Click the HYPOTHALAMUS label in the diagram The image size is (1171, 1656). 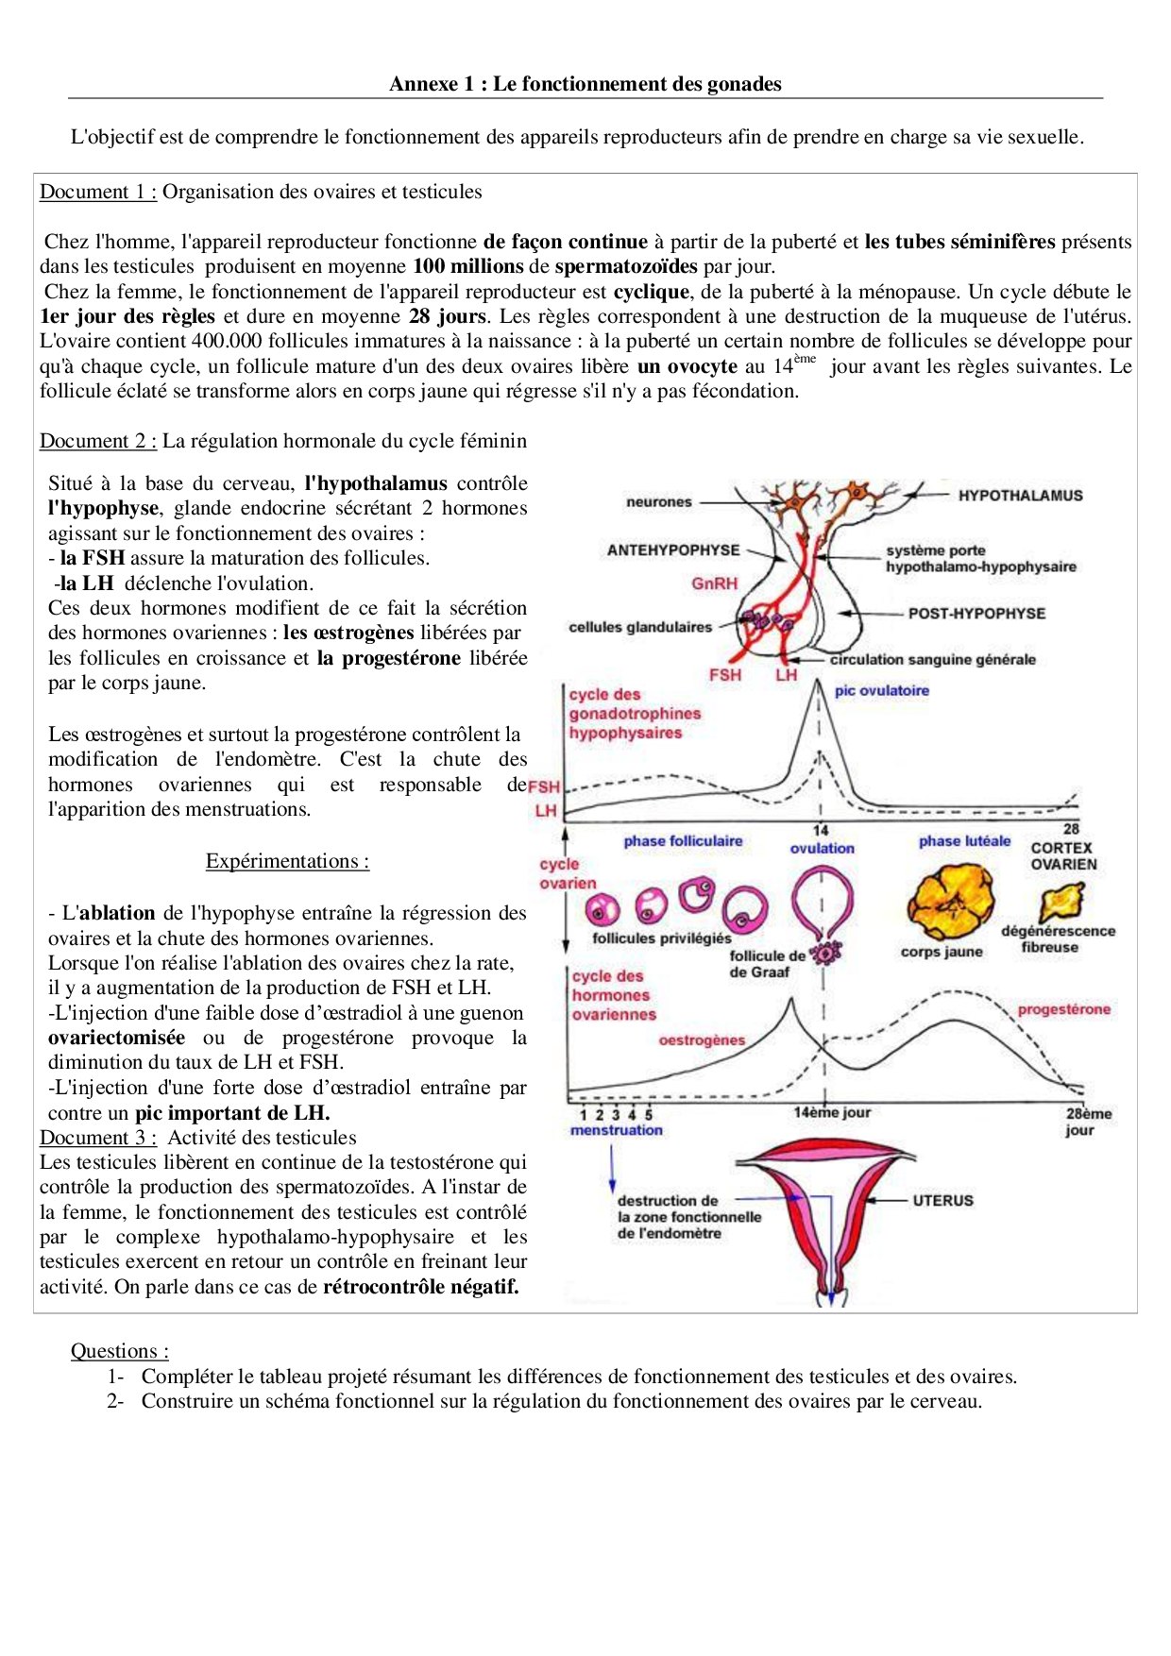[1020, 496]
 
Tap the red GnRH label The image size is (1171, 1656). [714, 583]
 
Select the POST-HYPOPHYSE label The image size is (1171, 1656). [976, 614]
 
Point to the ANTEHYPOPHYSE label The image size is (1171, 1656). [673, 549]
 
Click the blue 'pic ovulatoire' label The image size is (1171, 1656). [881, 691]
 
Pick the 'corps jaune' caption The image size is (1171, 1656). [942, 952]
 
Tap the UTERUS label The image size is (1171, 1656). [942, 1200]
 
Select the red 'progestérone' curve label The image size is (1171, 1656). [1063, 1009]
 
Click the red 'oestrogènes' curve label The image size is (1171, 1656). [702, 1040]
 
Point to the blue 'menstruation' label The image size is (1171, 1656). [617, 1130]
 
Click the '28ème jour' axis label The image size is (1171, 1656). [1087, 1122]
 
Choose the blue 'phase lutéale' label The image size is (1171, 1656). [964, 841]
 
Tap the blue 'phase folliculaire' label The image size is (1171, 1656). [683, 841]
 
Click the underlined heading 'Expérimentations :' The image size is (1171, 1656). [287, 861]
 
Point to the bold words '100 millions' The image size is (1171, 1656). [468, 266]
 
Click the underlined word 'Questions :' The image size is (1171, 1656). [120, 1351]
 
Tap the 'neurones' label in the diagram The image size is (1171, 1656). [658, 502]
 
